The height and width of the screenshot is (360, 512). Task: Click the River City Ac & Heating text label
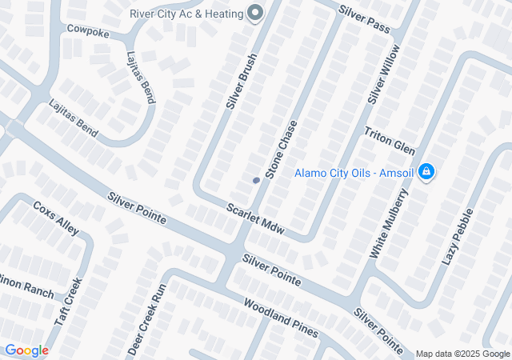[186, 13]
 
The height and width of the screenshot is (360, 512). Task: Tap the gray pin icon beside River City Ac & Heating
[256, 13]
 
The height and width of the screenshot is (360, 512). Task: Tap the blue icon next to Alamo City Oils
[426, 171]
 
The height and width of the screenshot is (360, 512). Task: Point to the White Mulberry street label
[389, 223]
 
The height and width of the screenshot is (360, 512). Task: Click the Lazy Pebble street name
[458, 237]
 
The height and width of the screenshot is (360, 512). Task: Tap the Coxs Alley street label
[56, 218]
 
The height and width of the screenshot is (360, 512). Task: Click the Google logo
[26, 350]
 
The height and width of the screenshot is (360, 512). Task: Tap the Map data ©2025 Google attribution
[462, 354]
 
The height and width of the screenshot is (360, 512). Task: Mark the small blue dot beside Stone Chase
[256, 180]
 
